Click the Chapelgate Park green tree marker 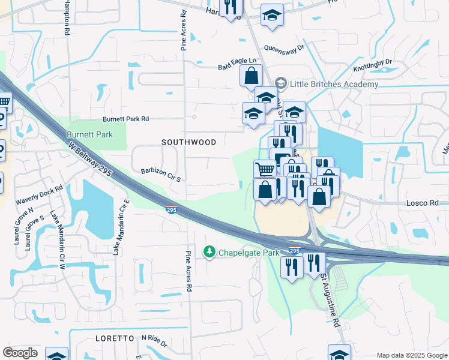(x=209, y=253)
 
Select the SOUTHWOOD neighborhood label (x=189, y=142)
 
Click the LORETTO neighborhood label (x=114, y=338)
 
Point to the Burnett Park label (x=89, y=134)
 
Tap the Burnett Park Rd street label (x=125, y=119)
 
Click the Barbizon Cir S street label (x=161, y=170)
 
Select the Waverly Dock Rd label (x=40, y=195)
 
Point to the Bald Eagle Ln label (x=237, y=61)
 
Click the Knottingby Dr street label (x=372, y=62)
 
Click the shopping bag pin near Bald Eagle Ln (x=251, y=76)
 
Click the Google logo (x=20, y=353)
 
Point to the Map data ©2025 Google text (x=411, y=355)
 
